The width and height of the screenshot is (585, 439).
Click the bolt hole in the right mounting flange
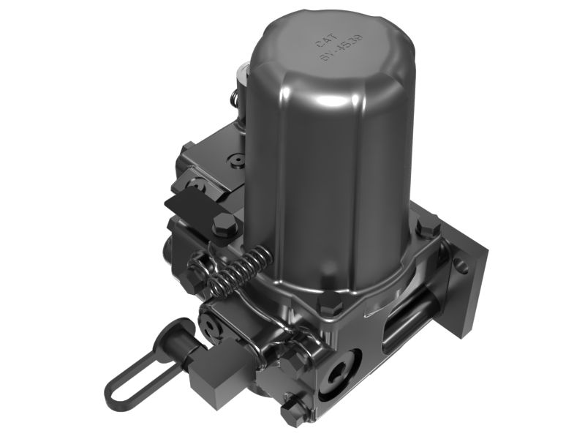pos(461,266)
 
